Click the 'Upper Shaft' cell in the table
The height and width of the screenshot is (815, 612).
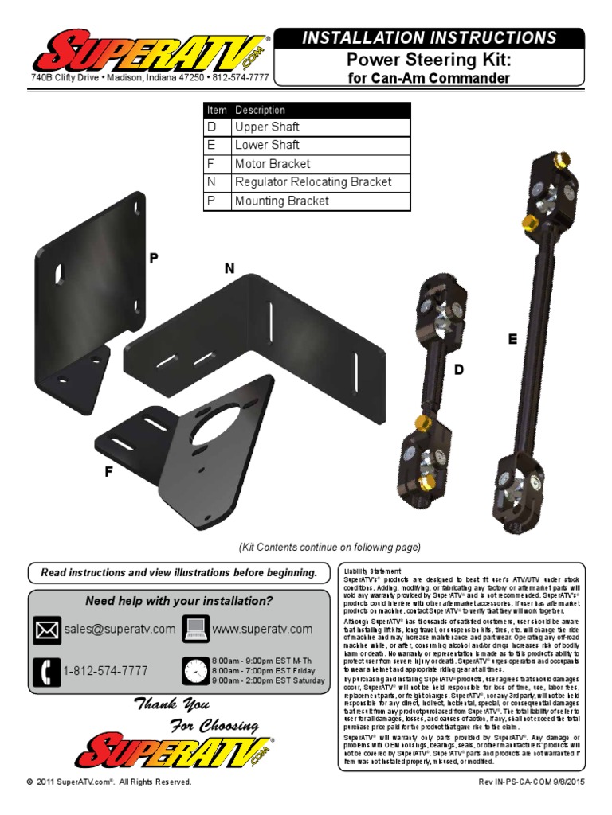click(x=267, y=127)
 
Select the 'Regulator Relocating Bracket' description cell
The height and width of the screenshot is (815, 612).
click(x=313, y=182)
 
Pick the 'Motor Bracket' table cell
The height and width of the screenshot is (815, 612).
click(x=273, y=164)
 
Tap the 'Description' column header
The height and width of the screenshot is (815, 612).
click(x=260, y=110)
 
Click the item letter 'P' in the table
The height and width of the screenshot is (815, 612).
click(x=212, y=201)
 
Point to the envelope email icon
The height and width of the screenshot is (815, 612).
click(x=47, y=630)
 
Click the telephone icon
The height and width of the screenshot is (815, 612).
click(x=47, y=672)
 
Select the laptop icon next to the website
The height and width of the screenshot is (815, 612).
click(x=195, y=629)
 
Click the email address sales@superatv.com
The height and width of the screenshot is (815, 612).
click(x=120, y=630)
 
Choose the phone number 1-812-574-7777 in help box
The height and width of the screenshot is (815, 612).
click(x=105, y=672)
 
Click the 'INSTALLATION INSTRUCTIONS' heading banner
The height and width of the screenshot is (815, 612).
click(x=429, y=37)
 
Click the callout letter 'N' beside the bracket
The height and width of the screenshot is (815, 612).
click(x=229, y=269)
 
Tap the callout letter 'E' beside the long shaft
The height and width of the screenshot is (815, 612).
click(x=512, y=339)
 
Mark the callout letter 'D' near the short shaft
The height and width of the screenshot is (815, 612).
click(x=458, y=369)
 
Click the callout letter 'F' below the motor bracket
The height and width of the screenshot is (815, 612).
click(x=108, y=472)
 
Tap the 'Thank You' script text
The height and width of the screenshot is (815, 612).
click(x=171, y=704)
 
